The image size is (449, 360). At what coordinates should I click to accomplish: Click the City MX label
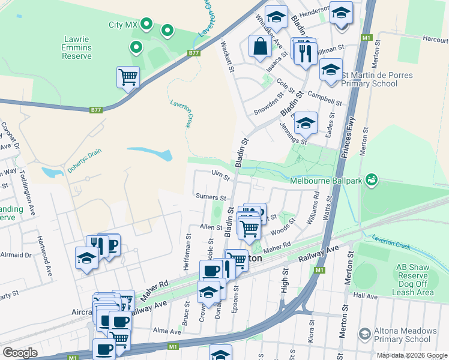coord(123,25)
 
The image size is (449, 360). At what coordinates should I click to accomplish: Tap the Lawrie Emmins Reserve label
coord(77,47)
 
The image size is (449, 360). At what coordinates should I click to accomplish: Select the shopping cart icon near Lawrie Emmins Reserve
coord(128,77)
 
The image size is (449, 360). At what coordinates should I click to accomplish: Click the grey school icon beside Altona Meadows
coord(364,334)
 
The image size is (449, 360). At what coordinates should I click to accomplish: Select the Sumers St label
coord(210,197)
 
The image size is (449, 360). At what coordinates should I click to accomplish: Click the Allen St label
coord(211,227)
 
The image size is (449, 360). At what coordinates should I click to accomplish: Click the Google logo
coord(20,352)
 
